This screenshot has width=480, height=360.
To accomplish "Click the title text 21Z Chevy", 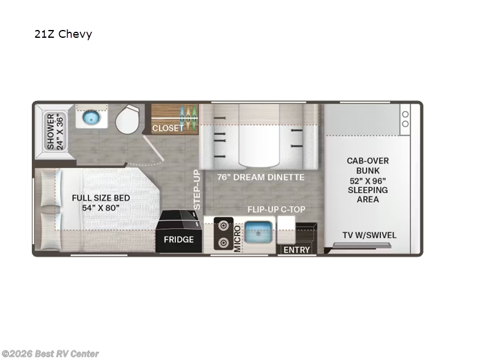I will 63,34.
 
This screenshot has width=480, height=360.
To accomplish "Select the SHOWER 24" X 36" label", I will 55,131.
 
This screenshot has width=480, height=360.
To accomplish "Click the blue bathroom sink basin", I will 92,117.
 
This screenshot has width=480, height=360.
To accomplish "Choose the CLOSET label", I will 168,128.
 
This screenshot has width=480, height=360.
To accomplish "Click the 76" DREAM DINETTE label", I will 260,178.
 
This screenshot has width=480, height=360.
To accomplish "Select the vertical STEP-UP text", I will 196,190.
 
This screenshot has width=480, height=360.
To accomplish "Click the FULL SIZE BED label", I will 101,197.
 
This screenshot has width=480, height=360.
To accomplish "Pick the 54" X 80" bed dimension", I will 101,208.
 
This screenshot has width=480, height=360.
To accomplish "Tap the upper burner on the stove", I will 223,226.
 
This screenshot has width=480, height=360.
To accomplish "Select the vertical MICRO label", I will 238,238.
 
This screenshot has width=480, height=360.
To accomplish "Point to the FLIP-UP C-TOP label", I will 277,209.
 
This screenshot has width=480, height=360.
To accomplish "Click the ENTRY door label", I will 296,250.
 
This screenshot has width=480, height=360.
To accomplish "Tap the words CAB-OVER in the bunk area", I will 368,161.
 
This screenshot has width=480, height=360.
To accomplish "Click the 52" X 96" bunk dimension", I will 368,180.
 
